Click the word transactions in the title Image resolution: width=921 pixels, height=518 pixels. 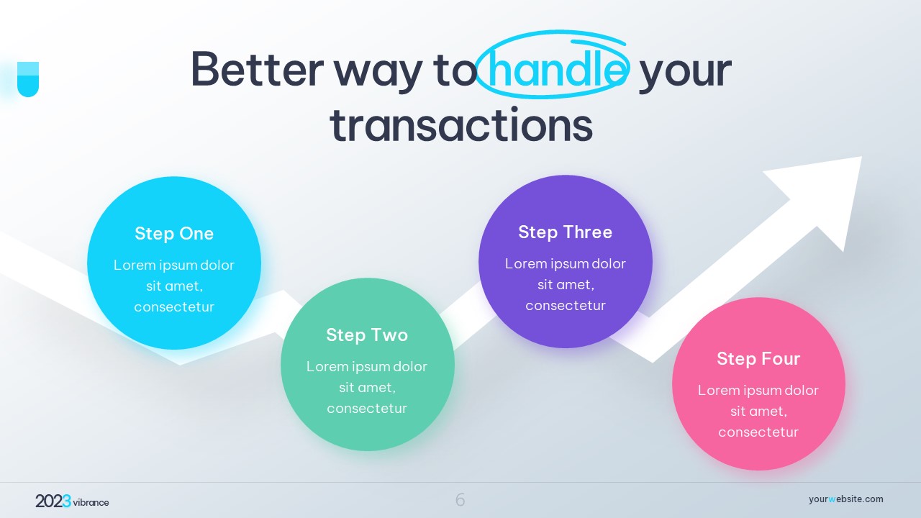[x=461, y=124]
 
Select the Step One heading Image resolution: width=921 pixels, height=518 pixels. [x=174, y=234]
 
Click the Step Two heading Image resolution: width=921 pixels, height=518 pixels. [x=367, y=335]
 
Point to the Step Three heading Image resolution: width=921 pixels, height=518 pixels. [x=566, y=232]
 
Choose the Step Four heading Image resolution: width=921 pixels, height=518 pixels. [x=758, y=359]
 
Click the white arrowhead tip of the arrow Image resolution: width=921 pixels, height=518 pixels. [x=861, y=157]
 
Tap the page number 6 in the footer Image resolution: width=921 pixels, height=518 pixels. [x=460, y=500]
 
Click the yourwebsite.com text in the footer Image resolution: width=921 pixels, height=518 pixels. [x=845, y=499]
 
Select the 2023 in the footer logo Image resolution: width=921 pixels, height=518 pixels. [x=53, y=501]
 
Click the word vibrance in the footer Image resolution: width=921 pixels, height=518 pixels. [x=91, y=502]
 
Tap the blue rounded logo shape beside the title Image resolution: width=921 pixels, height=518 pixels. [x=28, y=79]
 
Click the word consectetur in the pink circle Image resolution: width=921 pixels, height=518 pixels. [x=758, y=432]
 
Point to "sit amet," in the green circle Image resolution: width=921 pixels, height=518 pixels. [x=367, y=388]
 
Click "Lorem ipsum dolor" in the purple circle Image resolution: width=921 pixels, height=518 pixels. [x=566, y=263]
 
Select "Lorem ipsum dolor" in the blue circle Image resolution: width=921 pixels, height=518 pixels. [x=174, y=265]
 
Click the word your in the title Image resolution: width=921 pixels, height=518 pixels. [x=685, y=73]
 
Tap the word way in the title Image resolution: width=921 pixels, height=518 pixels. [x=378, y=73]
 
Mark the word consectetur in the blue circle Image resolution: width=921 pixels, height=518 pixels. [x=174, y=307]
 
